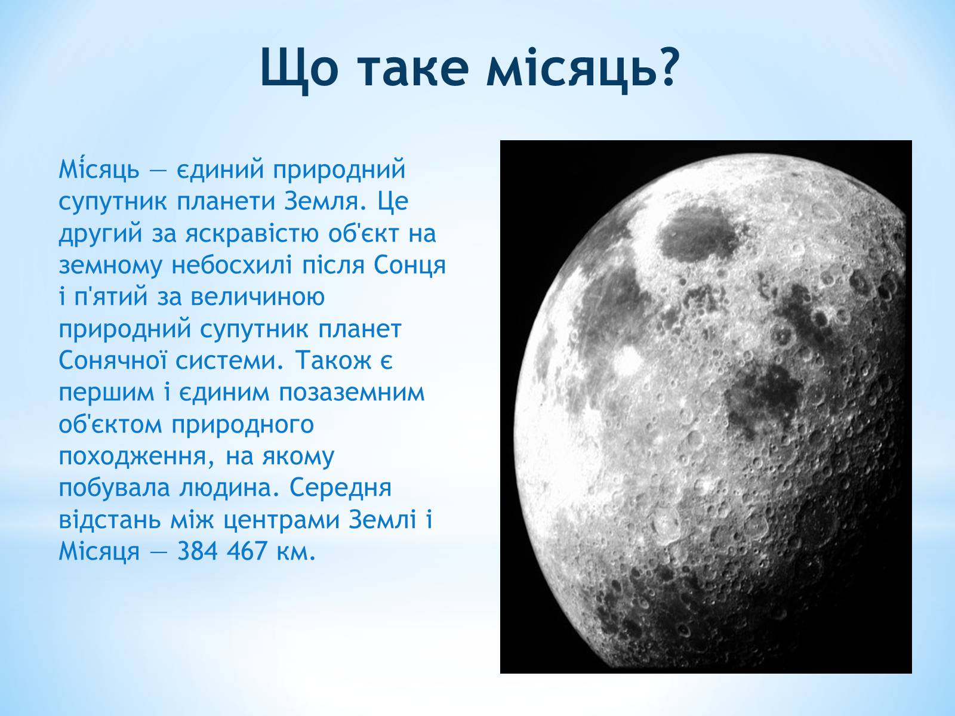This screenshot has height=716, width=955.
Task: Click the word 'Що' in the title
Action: pyautogui.click(x=300, y=70)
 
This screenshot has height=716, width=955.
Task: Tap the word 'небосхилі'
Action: pyautogui.click(x=232, y=265)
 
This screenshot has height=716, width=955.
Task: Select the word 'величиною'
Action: pyautogui.click(x=258, y=297)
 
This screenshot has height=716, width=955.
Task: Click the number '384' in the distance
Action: pyautogui.click(x=197, y=551)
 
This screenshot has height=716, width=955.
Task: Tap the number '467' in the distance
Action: pyautogui.click(x=247, y=551)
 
